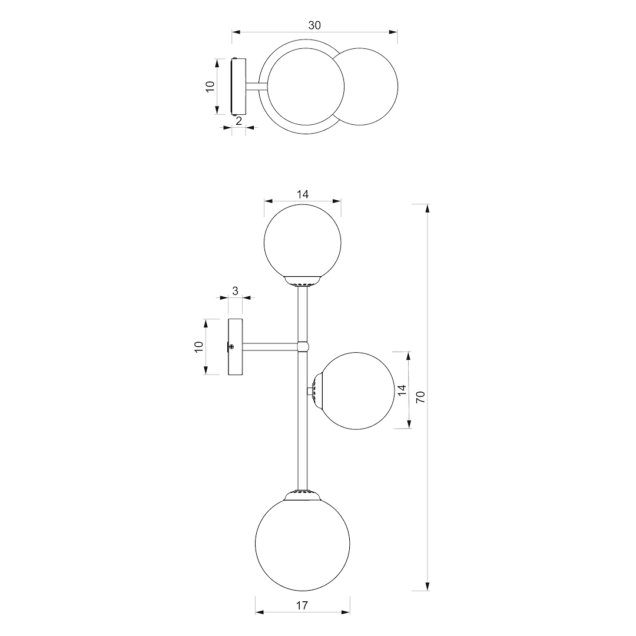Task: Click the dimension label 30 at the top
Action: [314, 25]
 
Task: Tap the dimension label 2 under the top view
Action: [239, 121]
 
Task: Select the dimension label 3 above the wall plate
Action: [235, 291]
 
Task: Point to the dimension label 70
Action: [420, 397]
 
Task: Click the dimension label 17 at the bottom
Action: [302, 605]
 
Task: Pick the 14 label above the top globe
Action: [303, 194]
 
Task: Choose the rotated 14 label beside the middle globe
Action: [402, 390]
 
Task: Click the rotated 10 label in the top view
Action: [210, 87]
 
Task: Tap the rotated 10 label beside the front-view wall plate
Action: [198, 347]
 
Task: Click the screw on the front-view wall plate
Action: [231, 347]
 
